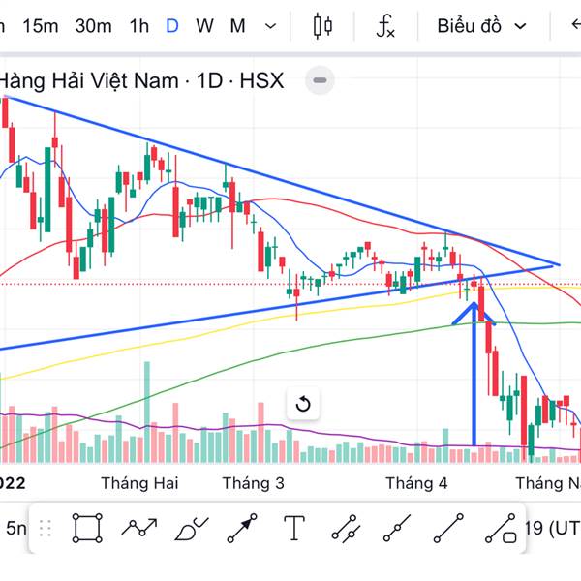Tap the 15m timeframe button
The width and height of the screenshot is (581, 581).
pos(40,26)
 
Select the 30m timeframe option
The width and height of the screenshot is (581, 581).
pos(93,26)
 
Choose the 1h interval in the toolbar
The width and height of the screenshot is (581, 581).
pos(139,26)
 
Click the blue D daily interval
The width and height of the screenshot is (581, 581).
pos(172,26)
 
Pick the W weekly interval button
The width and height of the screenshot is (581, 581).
pos(204,26)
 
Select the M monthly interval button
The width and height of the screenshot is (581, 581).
pos(237,26)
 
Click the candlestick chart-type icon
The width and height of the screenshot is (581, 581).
pos(322,26)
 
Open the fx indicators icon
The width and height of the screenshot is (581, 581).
pos(385,26)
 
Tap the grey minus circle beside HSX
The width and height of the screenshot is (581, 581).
pos(321,80)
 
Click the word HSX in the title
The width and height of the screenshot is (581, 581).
pos(261,80)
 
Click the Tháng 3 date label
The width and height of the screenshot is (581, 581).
pos(253,482)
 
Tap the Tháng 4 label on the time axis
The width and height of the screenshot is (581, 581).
pos(416,482)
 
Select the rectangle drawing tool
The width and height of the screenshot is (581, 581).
pos(86,528)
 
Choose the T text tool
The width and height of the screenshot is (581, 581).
pos(294,528)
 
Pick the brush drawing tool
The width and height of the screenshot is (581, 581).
pos(191,528)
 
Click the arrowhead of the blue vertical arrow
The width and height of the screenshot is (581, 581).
pos(474,309)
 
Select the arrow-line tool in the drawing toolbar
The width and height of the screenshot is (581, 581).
pos(242,528)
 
